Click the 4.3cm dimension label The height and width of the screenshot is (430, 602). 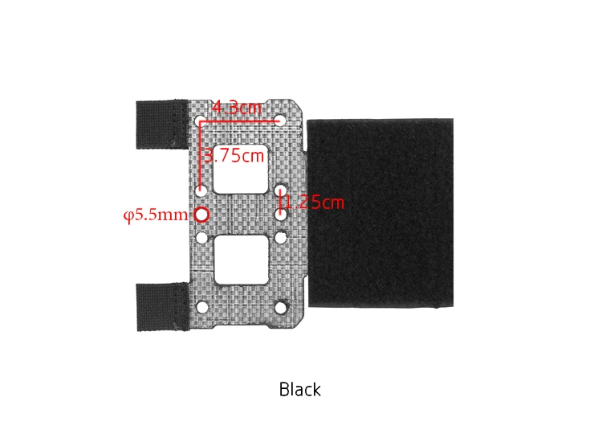(x=237, y=108)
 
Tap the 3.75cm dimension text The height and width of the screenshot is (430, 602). (x=234, y=156)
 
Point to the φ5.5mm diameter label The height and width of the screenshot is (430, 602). (x=156, y=215)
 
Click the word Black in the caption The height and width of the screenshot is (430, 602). (x=300, y=389)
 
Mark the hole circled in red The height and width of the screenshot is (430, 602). (x=201, y=215)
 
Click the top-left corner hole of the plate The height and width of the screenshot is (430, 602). (x=201, y=121)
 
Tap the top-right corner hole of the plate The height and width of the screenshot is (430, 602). (x=280, y=121)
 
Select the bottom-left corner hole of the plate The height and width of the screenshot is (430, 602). (x=202, y=307)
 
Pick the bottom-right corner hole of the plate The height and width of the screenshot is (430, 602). (x=281, y=307)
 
